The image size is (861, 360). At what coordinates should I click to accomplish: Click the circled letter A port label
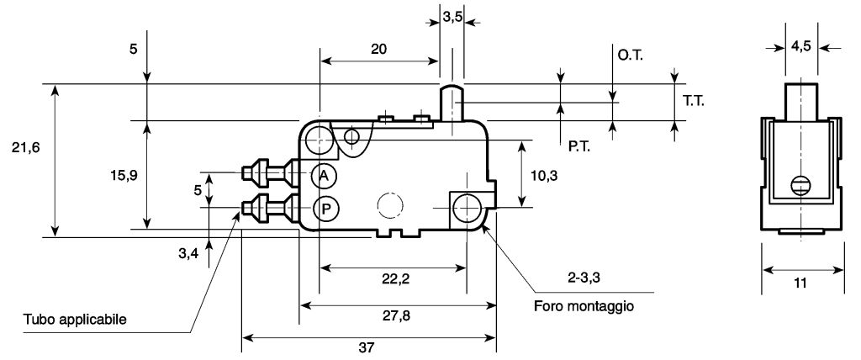point(325,175)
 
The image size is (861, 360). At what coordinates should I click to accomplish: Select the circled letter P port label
point(326,209)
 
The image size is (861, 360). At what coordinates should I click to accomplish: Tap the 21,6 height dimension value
point(26,147)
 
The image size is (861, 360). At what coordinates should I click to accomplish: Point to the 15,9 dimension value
point(124,175)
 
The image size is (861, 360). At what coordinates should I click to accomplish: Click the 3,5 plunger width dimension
point(452,17)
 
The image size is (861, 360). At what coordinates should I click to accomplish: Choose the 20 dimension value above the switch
point(378,49)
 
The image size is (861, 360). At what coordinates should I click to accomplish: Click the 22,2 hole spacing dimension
point(397,279)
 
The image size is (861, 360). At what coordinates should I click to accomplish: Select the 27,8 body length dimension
point(397,315)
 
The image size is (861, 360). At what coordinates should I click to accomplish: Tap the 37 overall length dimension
point(367,347)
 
